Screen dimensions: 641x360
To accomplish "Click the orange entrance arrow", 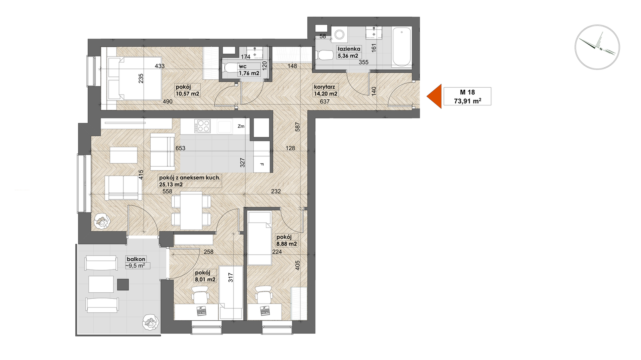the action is [434, 97].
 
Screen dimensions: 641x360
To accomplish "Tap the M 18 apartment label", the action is [467, 92].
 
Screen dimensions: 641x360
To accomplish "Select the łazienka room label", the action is [348, 49].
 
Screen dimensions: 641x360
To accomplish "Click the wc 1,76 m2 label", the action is [249, 70].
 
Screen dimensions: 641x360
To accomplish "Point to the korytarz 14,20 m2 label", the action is [326, 90].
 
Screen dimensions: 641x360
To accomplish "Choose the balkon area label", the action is [136, 262].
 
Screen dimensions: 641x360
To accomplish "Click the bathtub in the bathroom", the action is [402, 47].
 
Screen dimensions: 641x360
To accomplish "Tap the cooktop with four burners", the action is [203, 126].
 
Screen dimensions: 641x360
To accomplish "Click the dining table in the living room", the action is [191, 211].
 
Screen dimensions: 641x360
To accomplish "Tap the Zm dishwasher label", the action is [241, 126].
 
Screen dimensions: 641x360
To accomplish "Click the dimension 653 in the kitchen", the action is [181, 148].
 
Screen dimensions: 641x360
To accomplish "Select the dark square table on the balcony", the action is [123, 284].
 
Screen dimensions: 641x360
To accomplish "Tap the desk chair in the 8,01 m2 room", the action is [200, 294].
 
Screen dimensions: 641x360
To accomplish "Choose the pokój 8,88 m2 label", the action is [286, 241].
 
